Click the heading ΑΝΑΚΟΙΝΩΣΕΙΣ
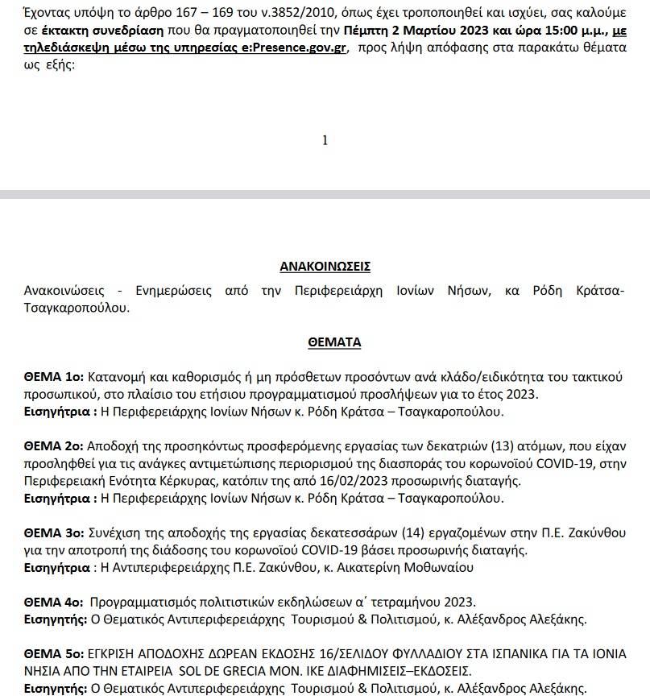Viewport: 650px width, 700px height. point(325,267)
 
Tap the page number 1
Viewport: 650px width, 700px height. point(325,140)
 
